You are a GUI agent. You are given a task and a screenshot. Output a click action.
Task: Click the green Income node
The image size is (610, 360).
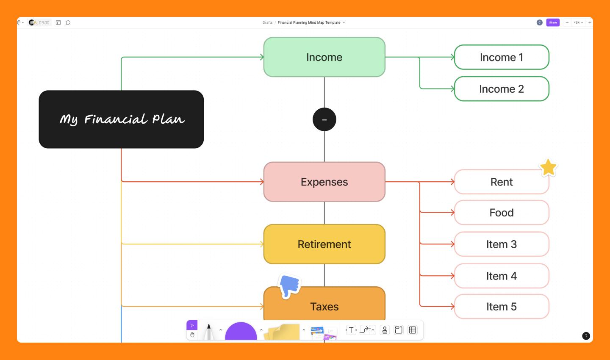click(324, 57)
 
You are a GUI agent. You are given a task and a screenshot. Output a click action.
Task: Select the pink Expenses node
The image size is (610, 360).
click(324, 182)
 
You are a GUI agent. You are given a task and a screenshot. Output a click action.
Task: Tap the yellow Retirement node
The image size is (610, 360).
click(324, 244)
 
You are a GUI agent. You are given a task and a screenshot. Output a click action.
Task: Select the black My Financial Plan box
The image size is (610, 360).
click(121, 119)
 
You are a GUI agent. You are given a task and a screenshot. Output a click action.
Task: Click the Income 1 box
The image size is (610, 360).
click(502, 57)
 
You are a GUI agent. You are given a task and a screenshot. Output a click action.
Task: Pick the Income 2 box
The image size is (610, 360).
click(502, 89)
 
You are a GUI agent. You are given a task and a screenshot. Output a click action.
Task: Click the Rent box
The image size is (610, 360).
click(502, 182)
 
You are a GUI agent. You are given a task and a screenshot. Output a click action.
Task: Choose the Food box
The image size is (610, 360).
click(502, 213)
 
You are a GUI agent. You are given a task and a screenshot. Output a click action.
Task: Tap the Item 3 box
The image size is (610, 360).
click(502, 244)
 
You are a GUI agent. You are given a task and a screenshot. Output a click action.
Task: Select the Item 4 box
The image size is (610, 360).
click(502, 276)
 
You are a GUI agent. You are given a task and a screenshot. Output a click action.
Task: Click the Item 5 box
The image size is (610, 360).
click(502, 307)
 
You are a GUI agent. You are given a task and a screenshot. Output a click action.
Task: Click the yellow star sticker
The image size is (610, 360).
click(548, 168)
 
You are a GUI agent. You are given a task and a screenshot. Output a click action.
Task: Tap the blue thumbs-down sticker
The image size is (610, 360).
click(290, 285)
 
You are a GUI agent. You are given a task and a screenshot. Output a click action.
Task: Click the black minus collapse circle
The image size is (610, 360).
click(324, 119)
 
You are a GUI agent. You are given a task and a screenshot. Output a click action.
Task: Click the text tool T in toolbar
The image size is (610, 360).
click(351, 330)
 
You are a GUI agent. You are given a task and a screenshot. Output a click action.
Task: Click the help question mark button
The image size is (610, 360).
click(586, 336)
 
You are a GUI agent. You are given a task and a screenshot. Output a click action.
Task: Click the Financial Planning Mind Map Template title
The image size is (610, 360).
click(309, 22)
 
